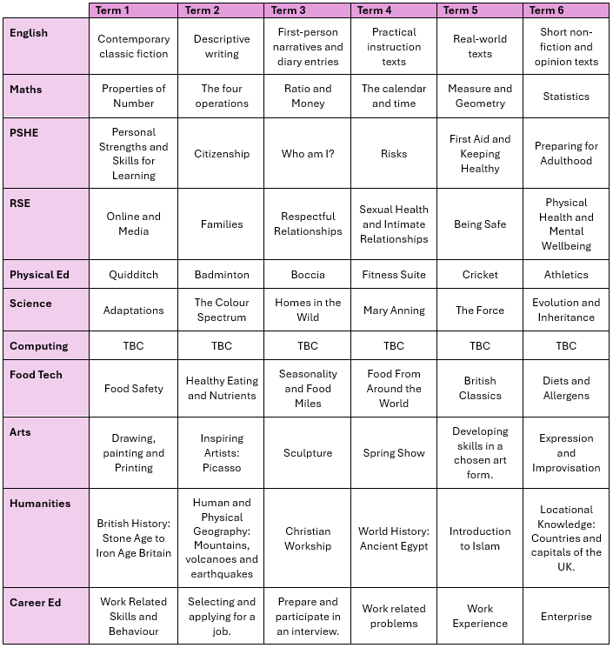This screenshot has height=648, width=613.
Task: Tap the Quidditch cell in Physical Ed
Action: pos(133,275)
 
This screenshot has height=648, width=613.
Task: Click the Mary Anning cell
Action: pos(394,311)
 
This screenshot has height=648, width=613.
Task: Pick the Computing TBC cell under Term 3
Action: pos(308,346)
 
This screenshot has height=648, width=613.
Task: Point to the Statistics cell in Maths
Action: pos(566,97)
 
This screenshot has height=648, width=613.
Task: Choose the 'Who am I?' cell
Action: pos(308,154)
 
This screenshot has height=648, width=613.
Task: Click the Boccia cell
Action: pos(308,275)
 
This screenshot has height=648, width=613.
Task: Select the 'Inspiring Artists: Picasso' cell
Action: pos(222,453)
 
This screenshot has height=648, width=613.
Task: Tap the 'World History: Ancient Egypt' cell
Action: pos(394,538)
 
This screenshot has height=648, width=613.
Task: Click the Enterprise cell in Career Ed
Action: pos(566,617)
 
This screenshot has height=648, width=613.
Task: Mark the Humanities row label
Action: pos(40,504)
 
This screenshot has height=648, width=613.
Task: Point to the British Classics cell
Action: pos(480,389)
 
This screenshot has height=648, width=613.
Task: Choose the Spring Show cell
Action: pos(394,453)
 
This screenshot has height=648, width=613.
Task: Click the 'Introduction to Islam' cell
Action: pos(480,538)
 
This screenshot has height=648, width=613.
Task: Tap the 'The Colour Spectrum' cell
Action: pos(222,311)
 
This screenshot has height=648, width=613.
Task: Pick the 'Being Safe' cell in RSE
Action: pos(480,224)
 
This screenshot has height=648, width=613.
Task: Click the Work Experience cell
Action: pos(480,617)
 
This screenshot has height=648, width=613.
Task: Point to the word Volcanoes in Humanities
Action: pos(211,559)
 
